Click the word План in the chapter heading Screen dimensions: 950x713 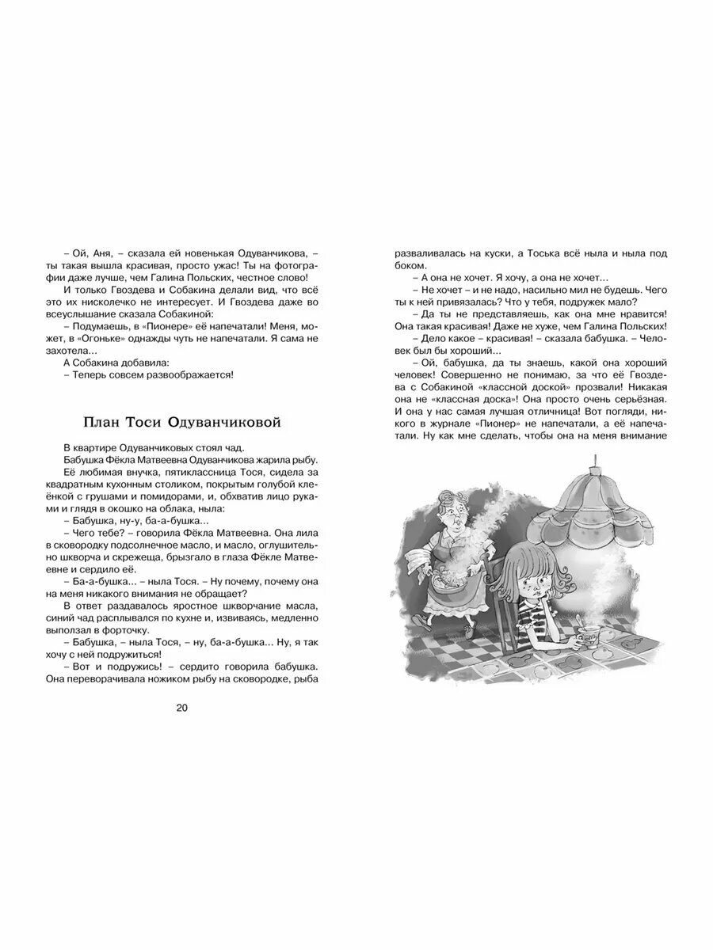click(103, 423)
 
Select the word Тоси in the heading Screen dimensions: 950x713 click(151, 423)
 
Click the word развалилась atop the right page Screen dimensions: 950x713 click(429, 253)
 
